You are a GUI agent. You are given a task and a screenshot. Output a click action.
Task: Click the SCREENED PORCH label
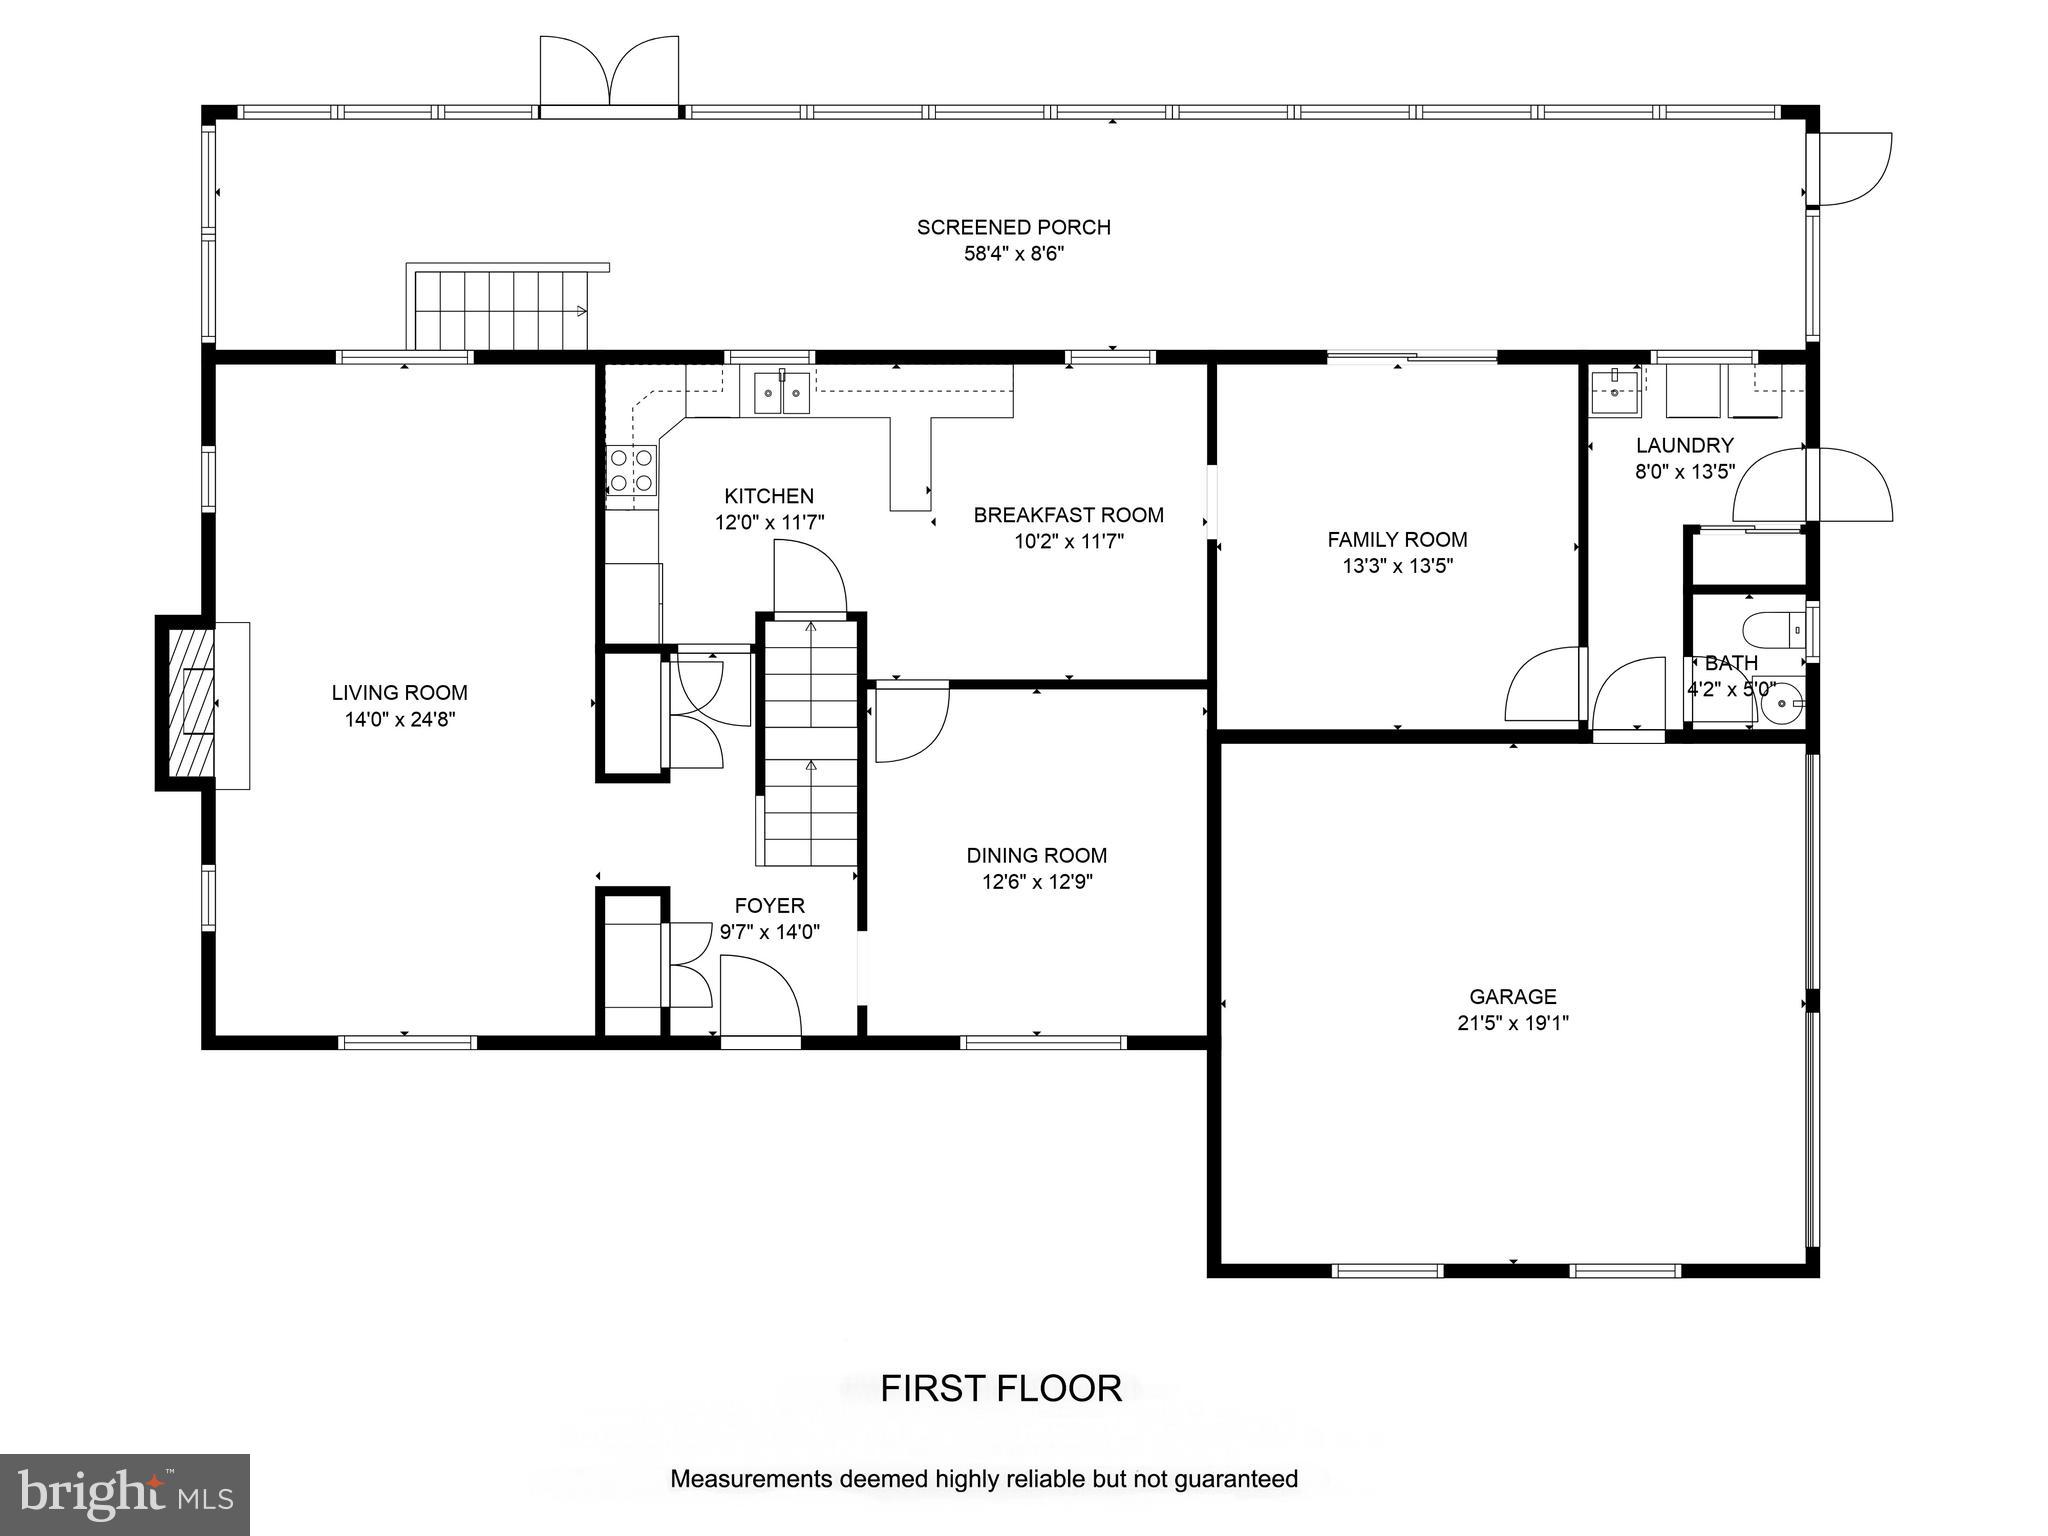pyautogui.click(x=1014, y=227)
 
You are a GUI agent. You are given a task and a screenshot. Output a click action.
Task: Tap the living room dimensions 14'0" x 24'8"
pyautogui.click(x=400, y=719)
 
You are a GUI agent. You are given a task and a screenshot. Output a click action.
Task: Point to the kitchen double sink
pyautogui.click(x=782, y=391)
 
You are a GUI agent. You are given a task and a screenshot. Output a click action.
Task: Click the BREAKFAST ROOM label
pyautogui.click(x=1069, y=515)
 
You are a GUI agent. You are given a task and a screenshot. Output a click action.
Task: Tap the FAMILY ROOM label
pyautogui.click(x=1397, y=540)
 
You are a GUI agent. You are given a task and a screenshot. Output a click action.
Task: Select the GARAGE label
pyautogui.click(x=1513, y=996)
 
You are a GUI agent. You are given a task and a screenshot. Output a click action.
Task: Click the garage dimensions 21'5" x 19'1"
pyautogui.click(x=1513, y=1023)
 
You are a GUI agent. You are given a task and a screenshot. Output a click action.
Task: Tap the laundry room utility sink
pyautogui.click(x=1615, y=391)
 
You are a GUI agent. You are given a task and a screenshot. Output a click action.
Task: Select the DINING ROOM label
pyautogui.click(x=1037, y=855)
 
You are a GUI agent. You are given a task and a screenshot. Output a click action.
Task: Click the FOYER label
pyautogui.click(x=770, y=906)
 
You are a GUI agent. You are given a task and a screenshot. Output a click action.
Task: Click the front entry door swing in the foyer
pyautogui.click(x=760, y=996)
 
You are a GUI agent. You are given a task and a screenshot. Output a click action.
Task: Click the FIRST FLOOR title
pyautogui.click(x=1001, y=1389)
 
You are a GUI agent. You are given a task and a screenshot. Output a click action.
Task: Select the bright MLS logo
pyautogui.click(x=125, y=1495)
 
